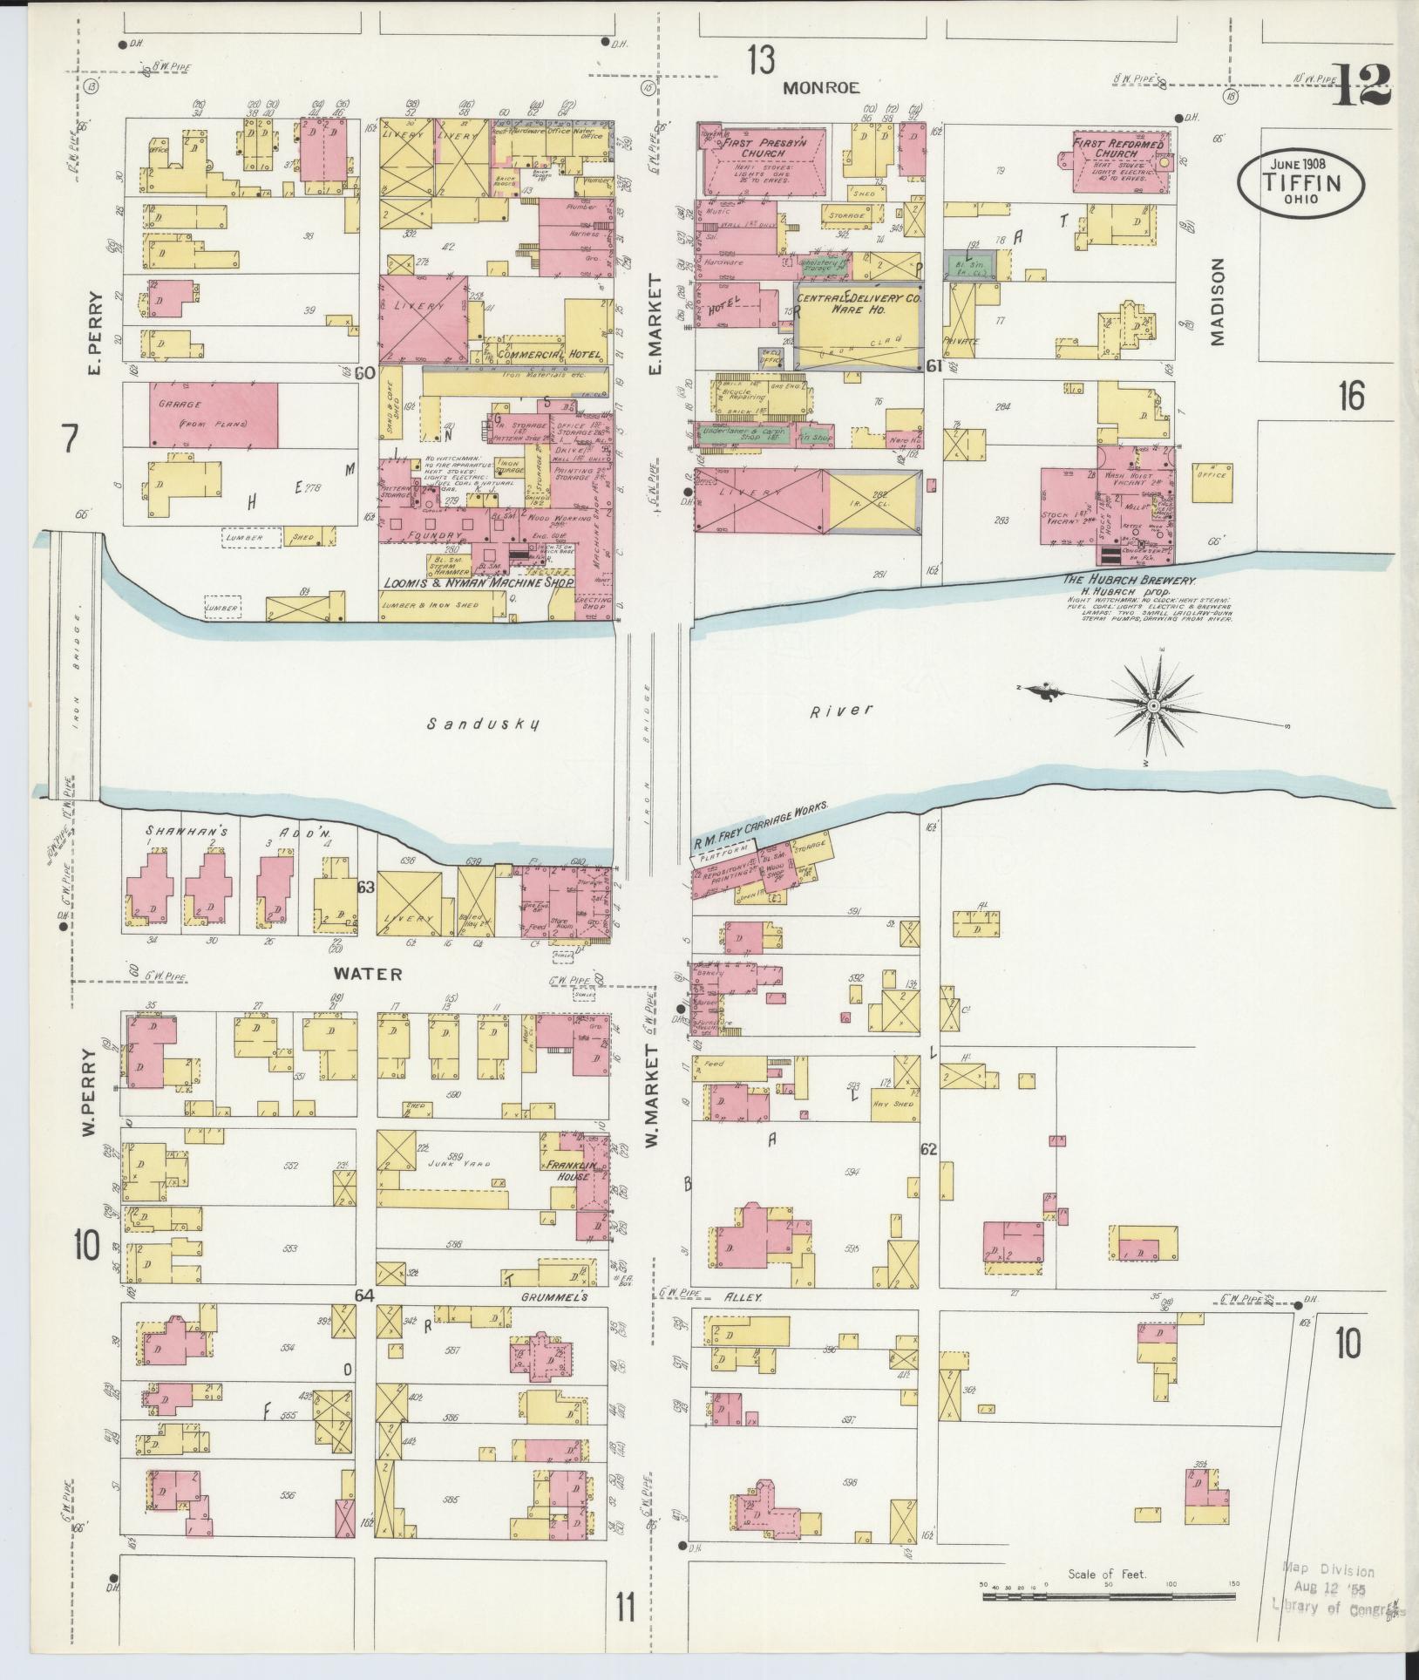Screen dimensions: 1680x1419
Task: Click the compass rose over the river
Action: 1152,704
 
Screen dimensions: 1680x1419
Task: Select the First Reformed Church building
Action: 1118,161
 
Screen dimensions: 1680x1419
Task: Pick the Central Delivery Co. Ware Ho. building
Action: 859,327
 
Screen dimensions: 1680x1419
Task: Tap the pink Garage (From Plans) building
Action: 214,415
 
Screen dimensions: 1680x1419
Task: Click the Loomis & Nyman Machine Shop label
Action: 473,582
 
